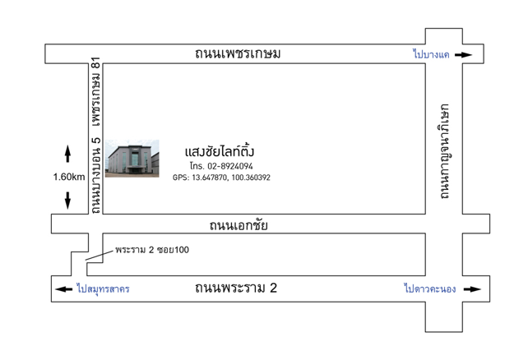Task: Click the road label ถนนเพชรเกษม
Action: [x=238, y=53]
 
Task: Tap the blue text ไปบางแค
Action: [x=431, y=53]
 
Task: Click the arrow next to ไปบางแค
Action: [x=463, y=55]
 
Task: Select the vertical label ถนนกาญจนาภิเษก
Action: [x=445, y=151]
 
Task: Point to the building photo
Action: [x=132, y=159]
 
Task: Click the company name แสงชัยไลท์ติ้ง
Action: [x=220, y=151]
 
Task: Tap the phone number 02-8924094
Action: [x=230, y=166]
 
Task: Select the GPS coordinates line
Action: [x=221, y=178]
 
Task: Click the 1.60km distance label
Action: [x=69, y=177]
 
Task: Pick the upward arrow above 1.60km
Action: [x=67, y=154]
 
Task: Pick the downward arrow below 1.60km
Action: [x=67, y=201]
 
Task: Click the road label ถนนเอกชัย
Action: [x=239, y=225]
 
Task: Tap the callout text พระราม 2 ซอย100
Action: [x=152, y=250]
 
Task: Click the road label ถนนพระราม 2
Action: [x=236, y=288]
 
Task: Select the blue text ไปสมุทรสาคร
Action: [x=103, y=288]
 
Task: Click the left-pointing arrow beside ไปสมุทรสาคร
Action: [x=63, y=289]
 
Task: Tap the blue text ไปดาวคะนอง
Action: [x=430, y=288]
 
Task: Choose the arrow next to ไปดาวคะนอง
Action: [x=472, y=289]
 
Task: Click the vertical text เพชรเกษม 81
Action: [x=96, y=92]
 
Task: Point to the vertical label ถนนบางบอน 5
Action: [x=96, y=175]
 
